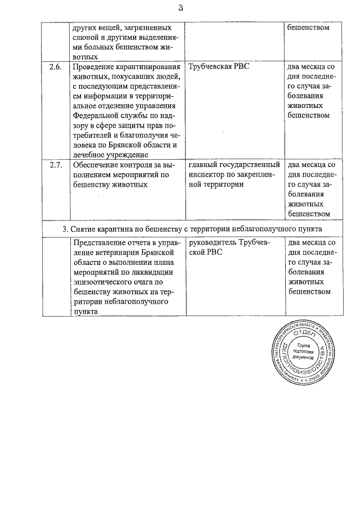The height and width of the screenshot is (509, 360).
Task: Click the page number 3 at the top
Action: (x=180, y=7)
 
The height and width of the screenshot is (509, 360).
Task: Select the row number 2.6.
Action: (x=55, y=67)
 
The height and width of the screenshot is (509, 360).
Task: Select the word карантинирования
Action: (x=147, y=67)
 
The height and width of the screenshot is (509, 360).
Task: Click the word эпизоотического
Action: (x=103, y=282)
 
